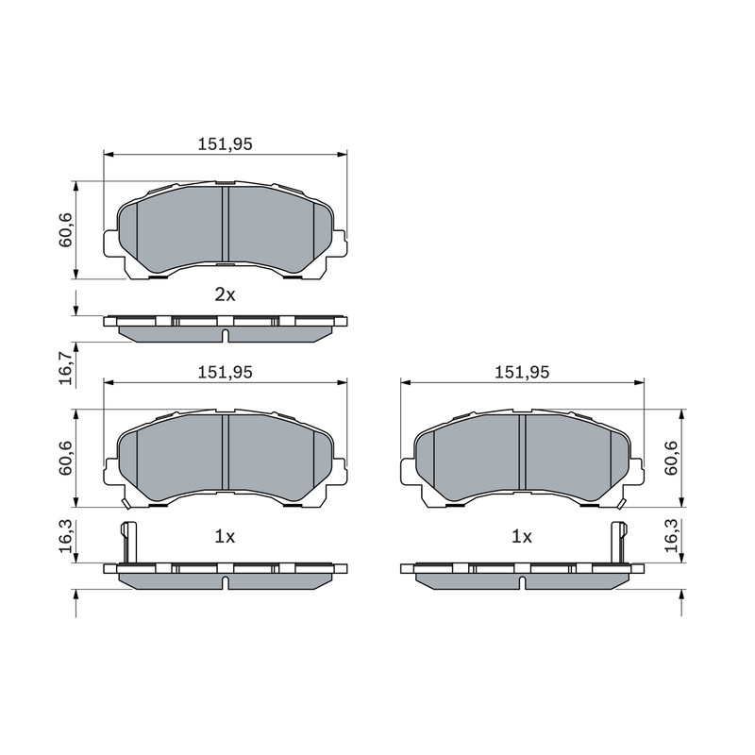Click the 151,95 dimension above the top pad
(225, 144)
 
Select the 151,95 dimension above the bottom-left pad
(225, 372)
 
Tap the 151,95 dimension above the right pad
(522, 372)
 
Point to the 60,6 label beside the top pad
(65, 229)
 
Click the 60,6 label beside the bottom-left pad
(65, 458)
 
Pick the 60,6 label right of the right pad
(671, 458)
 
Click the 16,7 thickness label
(65, 368)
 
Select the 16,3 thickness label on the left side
(65, 536)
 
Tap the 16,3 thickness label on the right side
(671, 536)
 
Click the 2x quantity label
(225, 294)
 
